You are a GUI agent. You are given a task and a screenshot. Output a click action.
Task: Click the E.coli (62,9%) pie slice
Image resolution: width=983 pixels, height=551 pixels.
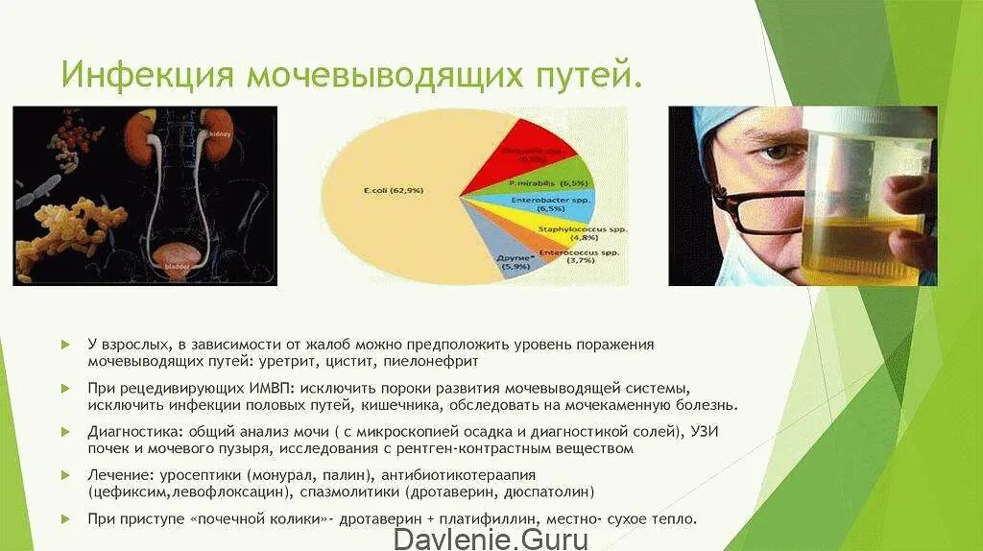(384, 192)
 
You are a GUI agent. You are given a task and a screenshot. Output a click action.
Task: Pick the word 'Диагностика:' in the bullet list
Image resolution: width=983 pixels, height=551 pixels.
(133, 431)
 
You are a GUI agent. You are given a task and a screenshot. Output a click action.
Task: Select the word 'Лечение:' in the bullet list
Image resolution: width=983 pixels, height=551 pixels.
(118, 475)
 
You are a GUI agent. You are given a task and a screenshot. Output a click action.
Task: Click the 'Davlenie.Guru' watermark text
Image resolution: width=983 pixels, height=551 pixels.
(491, 538)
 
